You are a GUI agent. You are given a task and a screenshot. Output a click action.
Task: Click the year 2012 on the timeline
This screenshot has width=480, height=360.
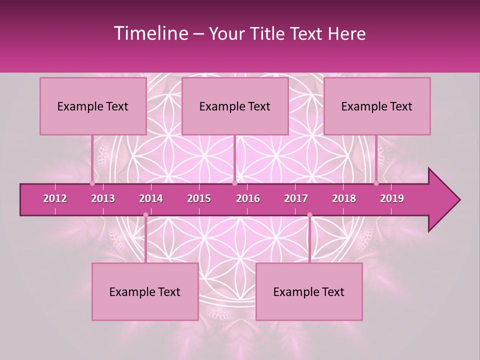pyautogui.click(x=55, y=198)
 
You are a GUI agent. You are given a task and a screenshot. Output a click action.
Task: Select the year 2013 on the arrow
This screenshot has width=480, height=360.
pyautogui.click(x=103, y=198)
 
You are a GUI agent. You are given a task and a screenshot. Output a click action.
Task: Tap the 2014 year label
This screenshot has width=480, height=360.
pyautogui.click(x=151, y=198)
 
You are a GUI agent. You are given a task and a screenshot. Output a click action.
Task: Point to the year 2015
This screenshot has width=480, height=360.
pyautogui.click(x=199, y=198)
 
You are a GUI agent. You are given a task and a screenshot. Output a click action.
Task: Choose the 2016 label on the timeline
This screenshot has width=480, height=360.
pyautogui.click(x=248, y=198)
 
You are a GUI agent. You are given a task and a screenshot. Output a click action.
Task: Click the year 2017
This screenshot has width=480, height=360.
pyautogui.click(x=296, y=198)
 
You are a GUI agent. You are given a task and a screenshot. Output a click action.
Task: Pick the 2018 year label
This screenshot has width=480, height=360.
pyautogui.click(x=344, y=198)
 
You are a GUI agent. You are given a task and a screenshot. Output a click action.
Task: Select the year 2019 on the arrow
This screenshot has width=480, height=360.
pyautogui.click(x=392, y=198)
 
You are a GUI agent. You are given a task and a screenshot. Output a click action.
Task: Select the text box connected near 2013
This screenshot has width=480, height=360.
pyautogui.click(x=93, y=106)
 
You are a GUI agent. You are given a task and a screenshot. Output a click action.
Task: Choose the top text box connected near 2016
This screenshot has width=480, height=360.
pyautogui.click(x=235, y=106)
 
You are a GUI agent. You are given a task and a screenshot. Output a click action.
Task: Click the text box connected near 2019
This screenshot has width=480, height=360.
pyautogui.click(x=377, y=106)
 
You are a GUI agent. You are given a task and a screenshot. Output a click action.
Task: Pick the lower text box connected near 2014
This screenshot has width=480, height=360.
pyautogui.click(x=145, y=291)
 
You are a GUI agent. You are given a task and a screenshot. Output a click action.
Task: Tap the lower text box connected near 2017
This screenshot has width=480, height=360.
pyautogui.click(x=309, y=291)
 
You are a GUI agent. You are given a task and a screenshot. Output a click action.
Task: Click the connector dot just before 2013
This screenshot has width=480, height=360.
pyautogui.click(x=92, y=183)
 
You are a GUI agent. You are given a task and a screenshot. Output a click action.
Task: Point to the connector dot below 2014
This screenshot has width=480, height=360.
pyautogui.click(x=145, y=215)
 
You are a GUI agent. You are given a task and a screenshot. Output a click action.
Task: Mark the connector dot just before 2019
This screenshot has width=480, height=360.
pyautogui.click(x=376, y=183)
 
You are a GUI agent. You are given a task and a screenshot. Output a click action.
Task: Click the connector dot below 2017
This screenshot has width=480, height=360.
pyautogui.click(x=309, y=215)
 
